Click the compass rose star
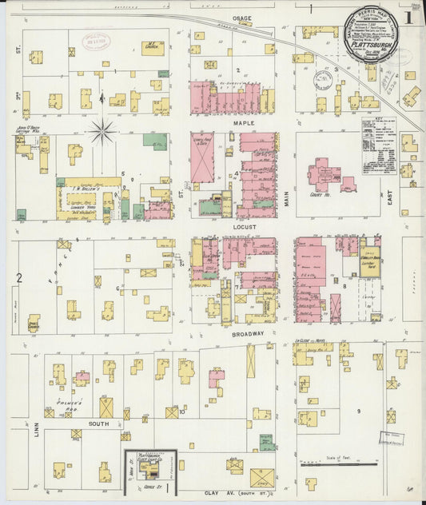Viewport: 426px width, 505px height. pos(102,132)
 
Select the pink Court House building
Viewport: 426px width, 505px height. pos(325,175)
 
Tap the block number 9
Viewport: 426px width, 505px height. pos(359,411)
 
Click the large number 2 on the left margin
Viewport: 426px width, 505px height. pos(18,278)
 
